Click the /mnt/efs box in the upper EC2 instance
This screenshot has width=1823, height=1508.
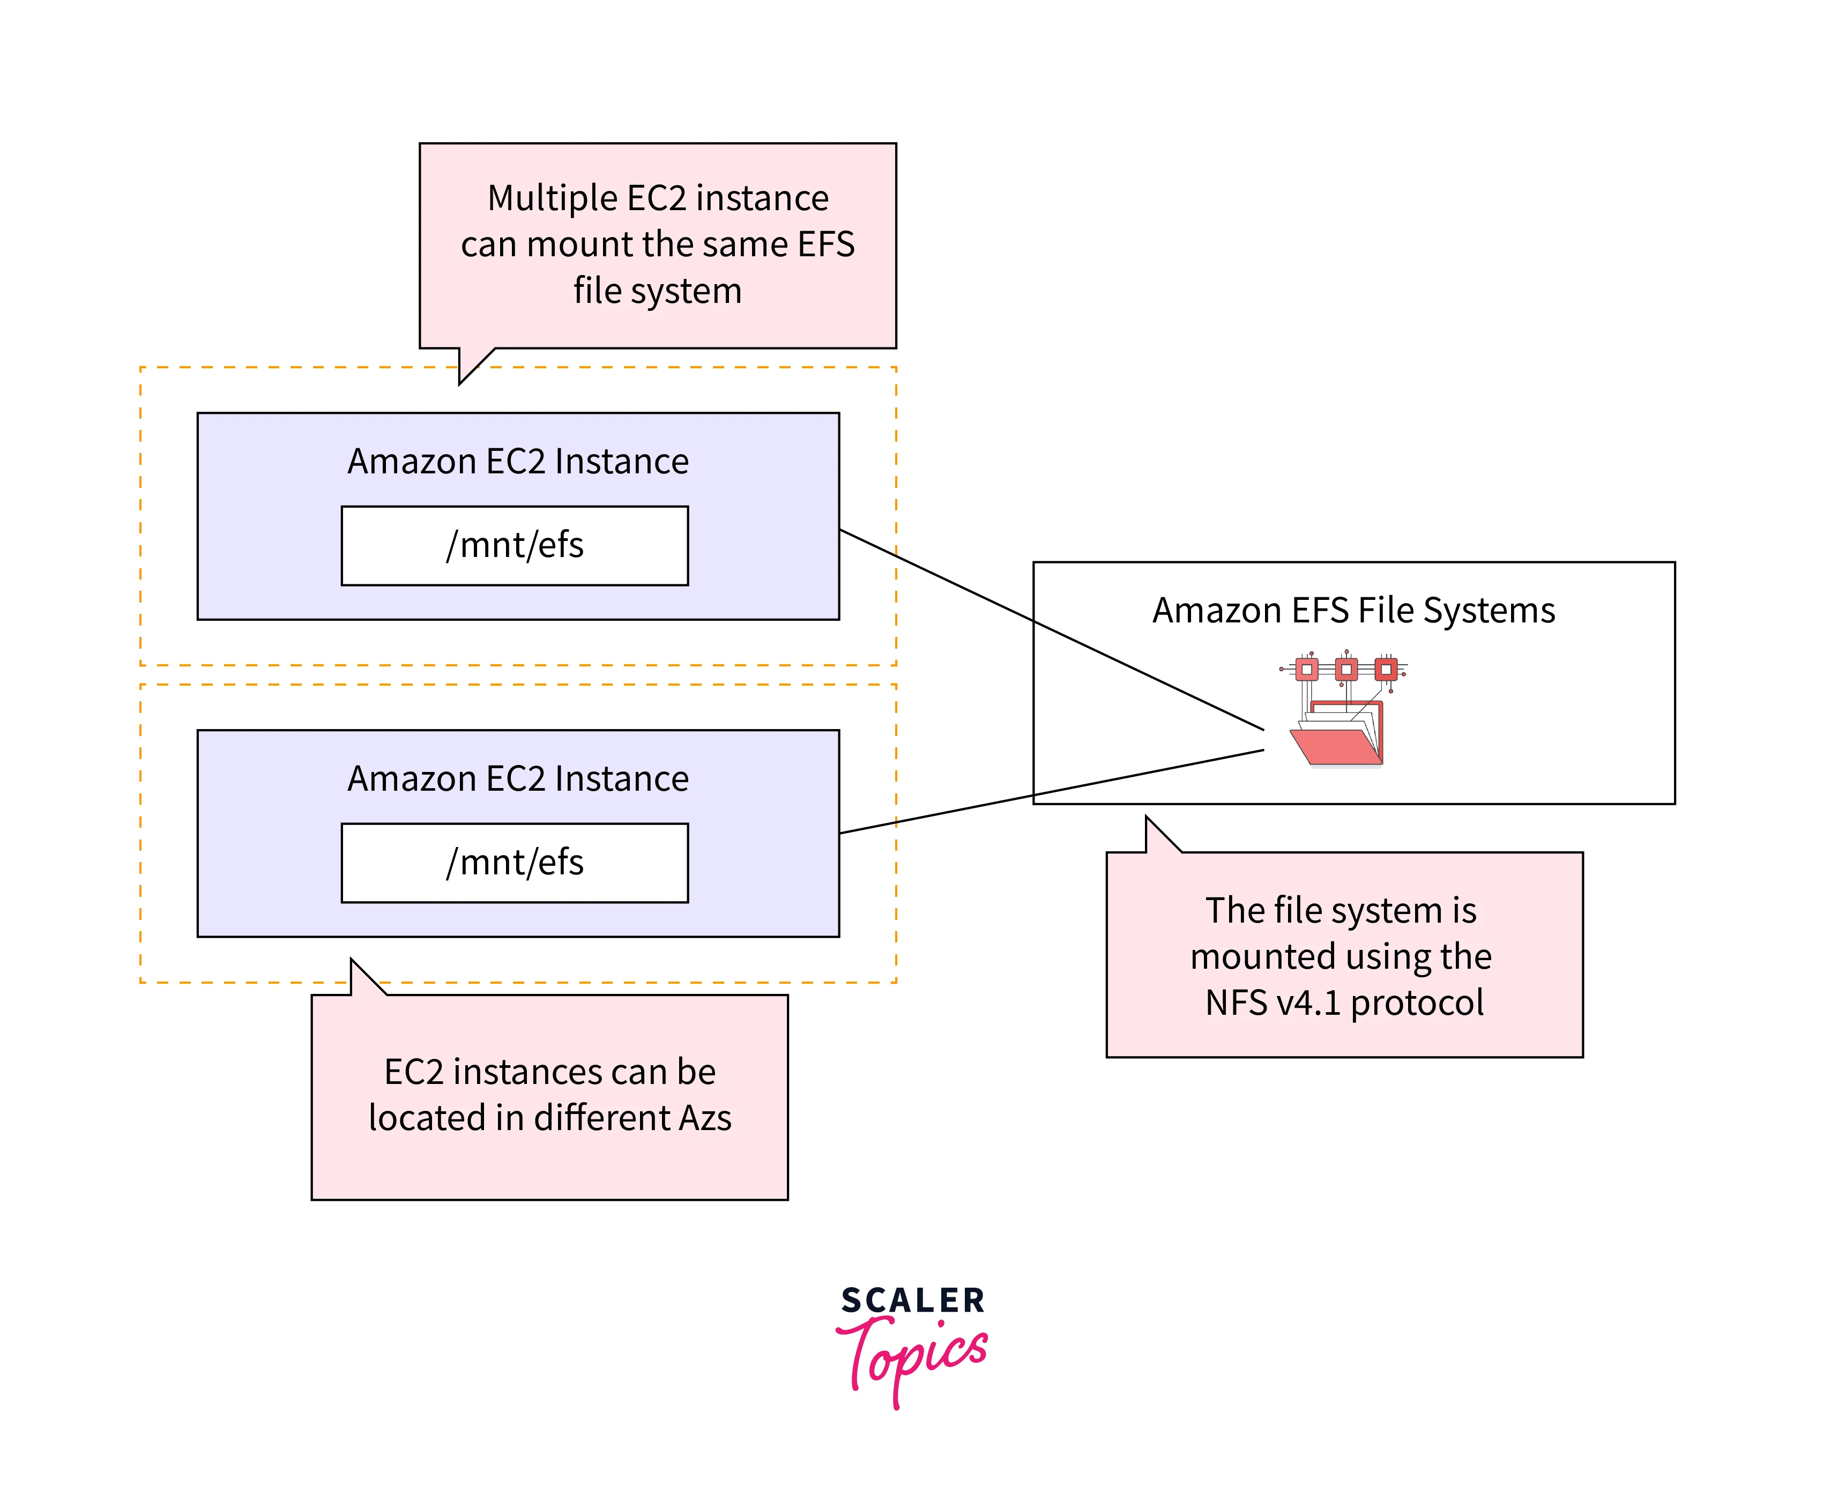(x=515, y=546)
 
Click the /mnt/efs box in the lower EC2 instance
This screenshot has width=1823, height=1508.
(x=515, y=863)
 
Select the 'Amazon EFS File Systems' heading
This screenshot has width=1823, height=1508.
(x=1353, y=610)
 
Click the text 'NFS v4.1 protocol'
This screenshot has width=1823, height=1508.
(x=1344, y=1002)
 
